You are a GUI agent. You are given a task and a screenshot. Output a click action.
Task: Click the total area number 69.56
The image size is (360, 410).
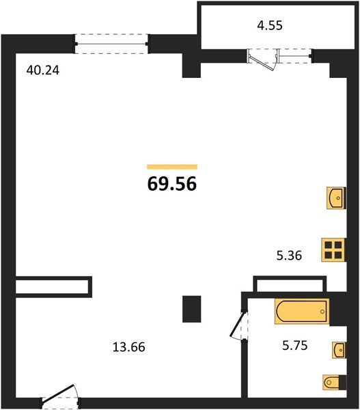[x=172, y=184]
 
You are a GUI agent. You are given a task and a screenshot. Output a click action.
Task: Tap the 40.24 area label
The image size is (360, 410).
[x=43, y=70]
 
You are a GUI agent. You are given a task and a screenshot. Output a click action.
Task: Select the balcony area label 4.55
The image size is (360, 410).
[x=270, y=26]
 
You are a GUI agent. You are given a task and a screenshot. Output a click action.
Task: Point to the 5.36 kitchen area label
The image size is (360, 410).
[x=289, y=255]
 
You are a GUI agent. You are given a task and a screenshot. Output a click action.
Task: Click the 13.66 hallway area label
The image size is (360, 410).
[x=128, y=347]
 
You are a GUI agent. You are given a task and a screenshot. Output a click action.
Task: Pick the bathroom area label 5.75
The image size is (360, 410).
[x=295, y=345]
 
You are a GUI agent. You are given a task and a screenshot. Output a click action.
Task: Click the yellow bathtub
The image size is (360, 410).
[x=302, y=312]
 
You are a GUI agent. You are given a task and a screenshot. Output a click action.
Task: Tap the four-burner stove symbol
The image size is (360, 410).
[x=334, y=249]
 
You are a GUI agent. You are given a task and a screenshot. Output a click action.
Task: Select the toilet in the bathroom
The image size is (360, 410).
[x=335, y=382]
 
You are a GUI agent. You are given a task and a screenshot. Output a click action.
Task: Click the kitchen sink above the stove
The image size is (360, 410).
[x=336, y=198]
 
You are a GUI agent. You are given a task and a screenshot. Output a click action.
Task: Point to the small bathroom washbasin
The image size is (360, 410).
[x=339, y=350]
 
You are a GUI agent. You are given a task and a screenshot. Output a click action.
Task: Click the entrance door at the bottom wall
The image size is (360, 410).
[x=60, y=394]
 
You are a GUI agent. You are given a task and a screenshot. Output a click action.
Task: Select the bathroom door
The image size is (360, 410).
[x=239, y=325]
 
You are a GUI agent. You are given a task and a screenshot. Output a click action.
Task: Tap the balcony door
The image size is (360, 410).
[x=262, y=59]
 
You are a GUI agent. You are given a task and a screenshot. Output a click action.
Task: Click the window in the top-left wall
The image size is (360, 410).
[x=112, y=44]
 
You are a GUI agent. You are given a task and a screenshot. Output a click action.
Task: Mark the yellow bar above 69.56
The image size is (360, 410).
[x=172, y=167]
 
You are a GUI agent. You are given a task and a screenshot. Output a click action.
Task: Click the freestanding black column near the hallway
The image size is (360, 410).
[x=192, y=309]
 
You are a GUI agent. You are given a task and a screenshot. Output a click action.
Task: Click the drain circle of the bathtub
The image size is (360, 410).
[x=322, y=312]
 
